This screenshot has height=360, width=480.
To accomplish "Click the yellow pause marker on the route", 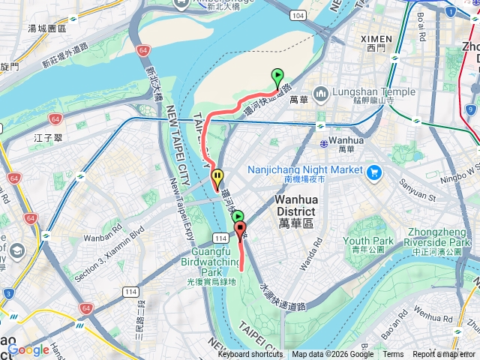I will click(x=217, y=178).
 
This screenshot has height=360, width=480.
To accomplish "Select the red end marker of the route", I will click(x=240, y=229).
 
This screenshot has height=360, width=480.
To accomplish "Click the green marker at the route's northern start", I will click(x=277, y=76).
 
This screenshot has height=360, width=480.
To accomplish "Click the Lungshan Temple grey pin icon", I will click(x=321, y=94).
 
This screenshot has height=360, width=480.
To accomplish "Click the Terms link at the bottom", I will click(x=393, y=355).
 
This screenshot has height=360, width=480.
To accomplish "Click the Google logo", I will click(x=28, y=349).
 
